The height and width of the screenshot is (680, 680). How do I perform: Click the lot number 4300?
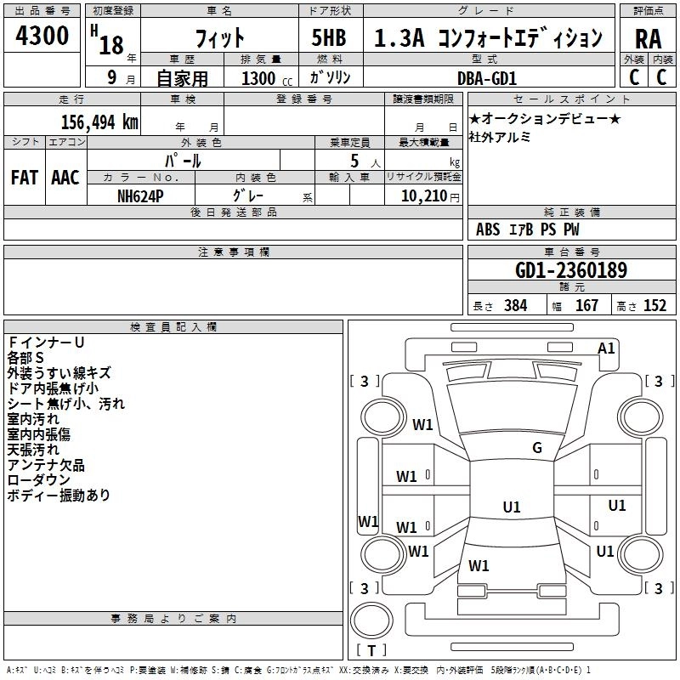(42, 36)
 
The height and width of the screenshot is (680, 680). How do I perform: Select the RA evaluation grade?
(648, 38)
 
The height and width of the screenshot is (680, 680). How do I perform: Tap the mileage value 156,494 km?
(99, 122)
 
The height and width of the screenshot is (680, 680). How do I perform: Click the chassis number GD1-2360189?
(571, 271)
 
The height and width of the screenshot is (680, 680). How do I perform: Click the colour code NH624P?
(141, 195)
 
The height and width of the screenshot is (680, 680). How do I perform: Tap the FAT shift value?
(25, 177)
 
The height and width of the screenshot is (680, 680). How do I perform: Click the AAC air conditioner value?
(65, 177)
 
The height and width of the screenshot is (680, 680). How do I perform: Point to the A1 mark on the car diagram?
(606, 348)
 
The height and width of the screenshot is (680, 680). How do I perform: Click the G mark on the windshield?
(536, 448)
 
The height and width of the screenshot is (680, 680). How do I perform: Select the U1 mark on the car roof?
(512, 507)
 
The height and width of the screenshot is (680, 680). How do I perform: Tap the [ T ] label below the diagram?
(371, 650)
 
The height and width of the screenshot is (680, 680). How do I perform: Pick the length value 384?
(515, 306)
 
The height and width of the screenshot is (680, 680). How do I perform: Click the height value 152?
(654, 306)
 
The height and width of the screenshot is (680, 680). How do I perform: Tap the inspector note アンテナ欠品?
(46, 465)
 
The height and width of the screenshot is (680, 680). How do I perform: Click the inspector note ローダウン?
(38, 480)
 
